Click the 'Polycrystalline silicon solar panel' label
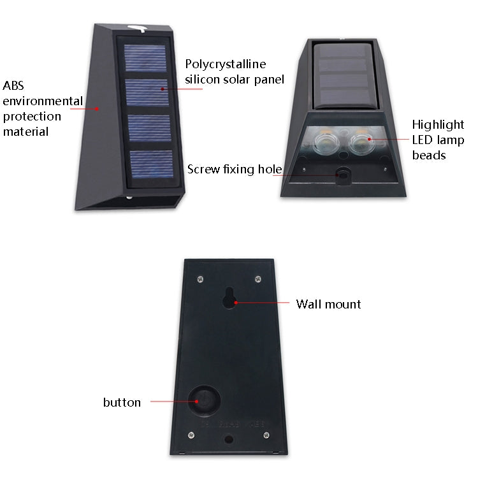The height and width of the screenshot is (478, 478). pos(234,72)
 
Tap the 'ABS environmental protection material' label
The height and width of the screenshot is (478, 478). pos(42,108)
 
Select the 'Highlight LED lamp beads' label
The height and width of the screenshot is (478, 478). pos(438,140)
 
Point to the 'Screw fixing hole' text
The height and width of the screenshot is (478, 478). pos(235,169)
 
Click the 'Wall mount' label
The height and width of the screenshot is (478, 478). pos(328,304)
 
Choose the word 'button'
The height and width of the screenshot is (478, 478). pos(122,402)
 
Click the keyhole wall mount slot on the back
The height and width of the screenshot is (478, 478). pos(231,297)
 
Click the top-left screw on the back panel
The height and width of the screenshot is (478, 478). pos(201,278)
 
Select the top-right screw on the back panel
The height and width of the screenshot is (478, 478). pos(257,279)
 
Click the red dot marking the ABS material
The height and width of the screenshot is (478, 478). pos(98,108)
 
